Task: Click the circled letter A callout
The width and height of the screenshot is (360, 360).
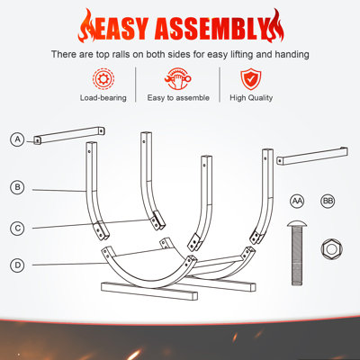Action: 17,139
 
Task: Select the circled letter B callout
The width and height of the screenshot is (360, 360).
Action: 17,187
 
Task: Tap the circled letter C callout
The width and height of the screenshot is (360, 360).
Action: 17,229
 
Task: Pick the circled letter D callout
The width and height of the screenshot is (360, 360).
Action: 17,265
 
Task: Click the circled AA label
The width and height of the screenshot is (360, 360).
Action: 297,201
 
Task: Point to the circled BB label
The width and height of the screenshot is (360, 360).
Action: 328,201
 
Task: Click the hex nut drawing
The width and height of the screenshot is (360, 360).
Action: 332,249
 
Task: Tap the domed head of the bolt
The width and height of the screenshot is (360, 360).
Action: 297,224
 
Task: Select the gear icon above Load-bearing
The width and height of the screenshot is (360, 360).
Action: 103,79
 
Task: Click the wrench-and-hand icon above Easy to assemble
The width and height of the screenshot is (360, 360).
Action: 178,79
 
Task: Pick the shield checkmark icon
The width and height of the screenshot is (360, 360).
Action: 251,79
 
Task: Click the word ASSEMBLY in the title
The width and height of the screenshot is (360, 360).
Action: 211,29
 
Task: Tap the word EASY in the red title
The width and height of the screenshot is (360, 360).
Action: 121,29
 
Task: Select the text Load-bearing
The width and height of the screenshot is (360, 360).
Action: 103,98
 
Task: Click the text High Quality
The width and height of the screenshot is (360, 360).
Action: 251,98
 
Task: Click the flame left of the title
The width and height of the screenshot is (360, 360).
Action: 87,25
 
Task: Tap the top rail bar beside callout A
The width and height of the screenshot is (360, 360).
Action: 69,136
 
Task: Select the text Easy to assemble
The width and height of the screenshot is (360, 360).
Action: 178,98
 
